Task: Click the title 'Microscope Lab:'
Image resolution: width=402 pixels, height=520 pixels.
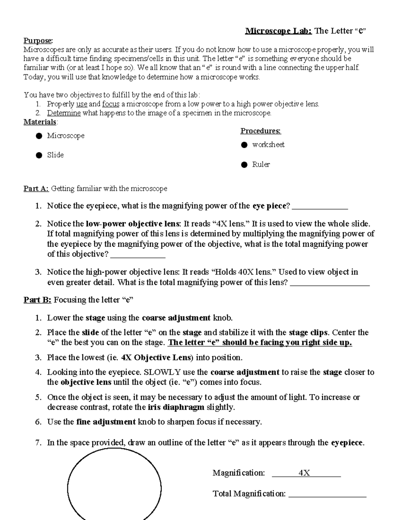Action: click(x=278, y=31)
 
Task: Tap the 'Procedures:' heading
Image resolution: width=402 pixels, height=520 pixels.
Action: click(x=261, y=131)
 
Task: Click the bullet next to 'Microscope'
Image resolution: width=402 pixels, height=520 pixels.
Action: click(x=39, y=136)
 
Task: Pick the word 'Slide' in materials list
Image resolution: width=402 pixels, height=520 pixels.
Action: click(x=55, y=155)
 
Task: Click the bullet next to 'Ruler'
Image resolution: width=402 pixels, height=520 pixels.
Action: click(x=244, y=165)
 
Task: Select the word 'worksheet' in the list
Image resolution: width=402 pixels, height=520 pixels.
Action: click(x=268, y=145)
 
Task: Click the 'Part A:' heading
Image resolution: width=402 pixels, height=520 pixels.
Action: click(x=36, y=189)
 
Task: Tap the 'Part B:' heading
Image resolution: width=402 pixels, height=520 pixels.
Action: click(x=37, y=300)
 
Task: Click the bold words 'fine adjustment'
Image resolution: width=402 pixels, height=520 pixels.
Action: click(x=106, y=422)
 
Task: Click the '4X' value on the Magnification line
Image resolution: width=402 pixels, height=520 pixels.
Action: click(x=304, y=473)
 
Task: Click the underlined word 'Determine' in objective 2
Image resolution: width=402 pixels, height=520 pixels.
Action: click(x=64, y=113)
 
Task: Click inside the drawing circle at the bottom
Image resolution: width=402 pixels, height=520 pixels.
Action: click(x=114, y=489)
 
